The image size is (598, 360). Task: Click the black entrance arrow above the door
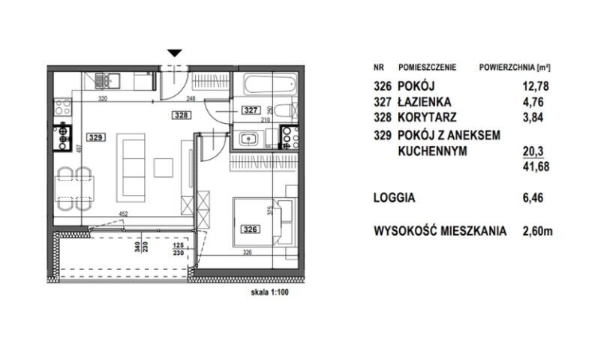click(x=175, y=53)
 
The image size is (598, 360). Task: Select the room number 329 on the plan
click(x=95, y=137)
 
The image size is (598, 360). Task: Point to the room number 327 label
click(x=250, y=109)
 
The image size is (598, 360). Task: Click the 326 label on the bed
click(x=250, y=229)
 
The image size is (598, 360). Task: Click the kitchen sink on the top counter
click(x=108, y=78)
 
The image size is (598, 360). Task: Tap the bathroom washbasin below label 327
click(x=248, y=137)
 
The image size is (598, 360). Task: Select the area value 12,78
click(x=536, y=86)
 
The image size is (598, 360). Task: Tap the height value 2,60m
click(x=537, y=232)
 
